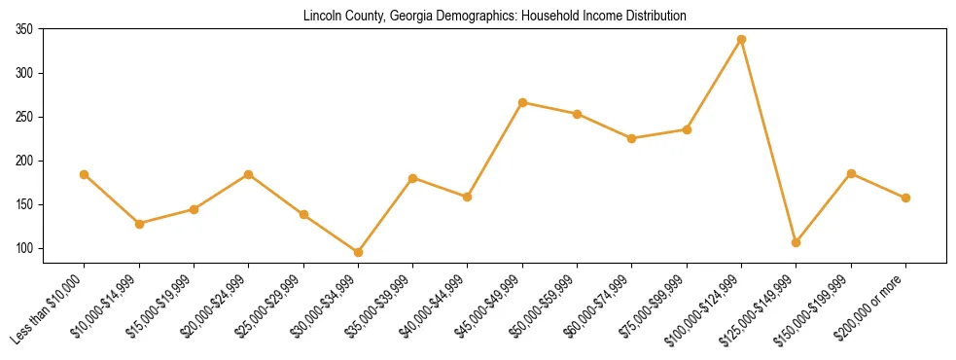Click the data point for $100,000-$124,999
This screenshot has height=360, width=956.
point(741,40)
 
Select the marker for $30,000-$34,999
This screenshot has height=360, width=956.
point(358,252)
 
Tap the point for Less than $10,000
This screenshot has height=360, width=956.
point(85,175)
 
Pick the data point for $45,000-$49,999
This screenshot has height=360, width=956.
point(522,102)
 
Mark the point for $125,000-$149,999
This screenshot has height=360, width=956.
point(796,242)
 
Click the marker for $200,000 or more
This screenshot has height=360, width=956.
point(905,198)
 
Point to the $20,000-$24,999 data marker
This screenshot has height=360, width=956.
point(248,174)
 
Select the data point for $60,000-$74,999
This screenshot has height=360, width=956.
point(632,138)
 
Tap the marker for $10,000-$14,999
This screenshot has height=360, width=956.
point(139,224)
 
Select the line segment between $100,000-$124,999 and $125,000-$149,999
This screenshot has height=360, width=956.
point(768,141)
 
